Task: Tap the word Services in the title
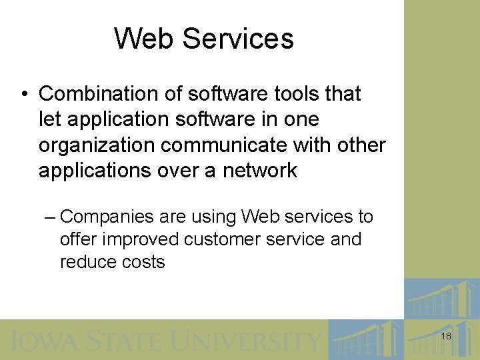[x=238, y=39]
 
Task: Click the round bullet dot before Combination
[x=23, y=94]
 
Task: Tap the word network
[x=259, y=170]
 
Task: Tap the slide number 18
[x=446, y=337]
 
